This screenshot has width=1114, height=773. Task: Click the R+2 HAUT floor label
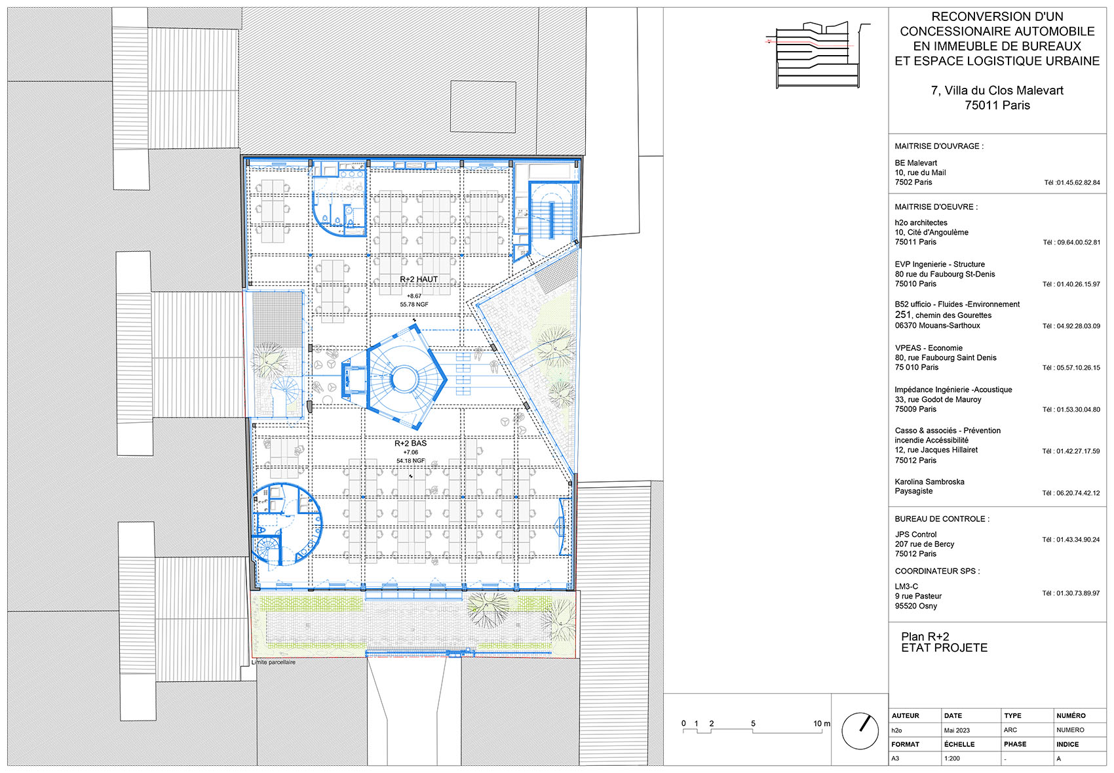[419, 279]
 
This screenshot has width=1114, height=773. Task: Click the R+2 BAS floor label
[410, 443]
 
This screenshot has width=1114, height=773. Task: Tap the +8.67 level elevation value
[414, 296]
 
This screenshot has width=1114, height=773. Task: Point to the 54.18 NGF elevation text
[410, 461]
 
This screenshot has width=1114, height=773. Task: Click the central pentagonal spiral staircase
[404, 378]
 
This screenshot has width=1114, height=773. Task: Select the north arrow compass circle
[860, 731]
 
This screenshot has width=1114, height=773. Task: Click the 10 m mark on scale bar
[821, 724]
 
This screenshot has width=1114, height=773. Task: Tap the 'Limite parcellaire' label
[274, 662]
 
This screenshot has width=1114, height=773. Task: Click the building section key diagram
[818, 55]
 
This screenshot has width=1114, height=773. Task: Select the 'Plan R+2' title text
[925, 637]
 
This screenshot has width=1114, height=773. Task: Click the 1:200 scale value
[951, 759]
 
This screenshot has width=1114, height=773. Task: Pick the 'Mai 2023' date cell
[957, 730]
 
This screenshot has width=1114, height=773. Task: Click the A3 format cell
[895, 759]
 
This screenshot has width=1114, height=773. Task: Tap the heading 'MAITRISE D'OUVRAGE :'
[938, 146]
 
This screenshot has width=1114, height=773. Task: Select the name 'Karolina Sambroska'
[929, 482]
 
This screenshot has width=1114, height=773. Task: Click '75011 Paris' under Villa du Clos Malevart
[997, 106]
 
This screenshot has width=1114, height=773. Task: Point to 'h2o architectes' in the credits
[921, 223]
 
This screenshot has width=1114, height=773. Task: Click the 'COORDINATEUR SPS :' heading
[937, 571]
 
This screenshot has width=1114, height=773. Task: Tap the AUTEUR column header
[905, 715]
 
